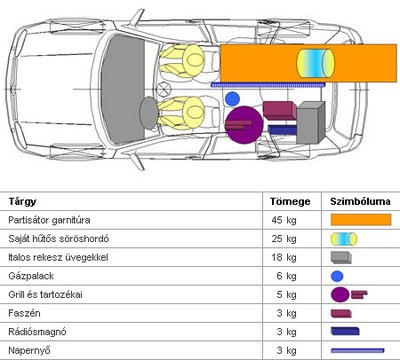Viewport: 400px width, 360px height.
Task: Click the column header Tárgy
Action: pos(22,202)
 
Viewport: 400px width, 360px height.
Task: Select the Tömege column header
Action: pos(290,201)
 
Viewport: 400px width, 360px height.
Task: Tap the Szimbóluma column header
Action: pos(360,201)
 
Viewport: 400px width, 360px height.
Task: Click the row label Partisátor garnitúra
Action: pos(49,220)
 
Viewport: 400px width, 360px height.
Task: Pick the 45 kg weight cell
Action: pos(284,220)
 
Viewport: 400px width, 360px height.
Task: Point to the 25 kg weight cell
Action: pos(284,239)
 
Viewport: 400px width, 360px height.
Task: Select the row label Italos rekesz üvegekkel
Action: pos(58,257)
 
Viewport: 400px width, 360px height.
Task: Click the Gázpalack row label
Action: pos(31,276)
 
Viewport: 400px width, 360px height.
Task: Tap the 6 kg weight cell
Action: pos(286,276)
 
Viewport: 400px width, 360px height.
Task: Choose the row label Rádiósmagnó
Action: pos(37,332)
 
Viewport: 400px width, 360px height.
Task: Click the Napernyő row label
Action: pos(30,351)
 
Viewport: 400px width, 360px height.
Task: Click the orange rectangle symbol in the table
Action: pos(361,220)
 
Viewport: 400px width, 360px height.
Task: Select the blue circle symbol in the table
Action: pos(337,276)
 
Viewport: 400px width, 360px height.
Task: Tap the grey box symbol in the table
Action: pos(341,258)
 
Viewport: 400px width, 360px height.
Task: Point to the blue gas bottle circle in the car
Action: pos(232,99)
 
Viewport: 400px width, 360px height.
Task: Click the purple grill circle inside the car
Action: pos(245,125)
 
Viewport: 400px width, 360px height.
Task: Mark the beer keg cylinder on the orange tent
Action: pos(315,63)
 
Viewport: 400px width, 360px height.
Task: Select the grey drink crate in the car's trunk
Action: pos(311,123)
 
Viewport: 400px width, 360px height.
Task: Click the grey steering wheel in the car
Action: pos(148,113)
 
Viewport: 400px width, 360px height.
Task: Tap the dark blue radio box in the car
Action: pos(282,130)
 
